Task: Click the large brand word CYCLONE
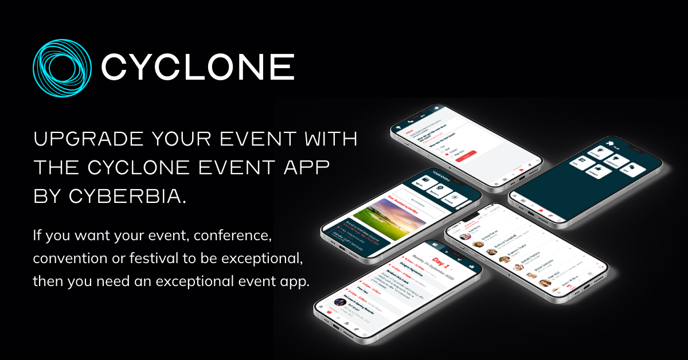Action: click(x=198, y=66)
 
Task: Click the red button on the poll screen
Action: click(x=469, y=155)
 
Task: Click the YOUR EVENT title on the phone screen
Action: click(x=442, y=174)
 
